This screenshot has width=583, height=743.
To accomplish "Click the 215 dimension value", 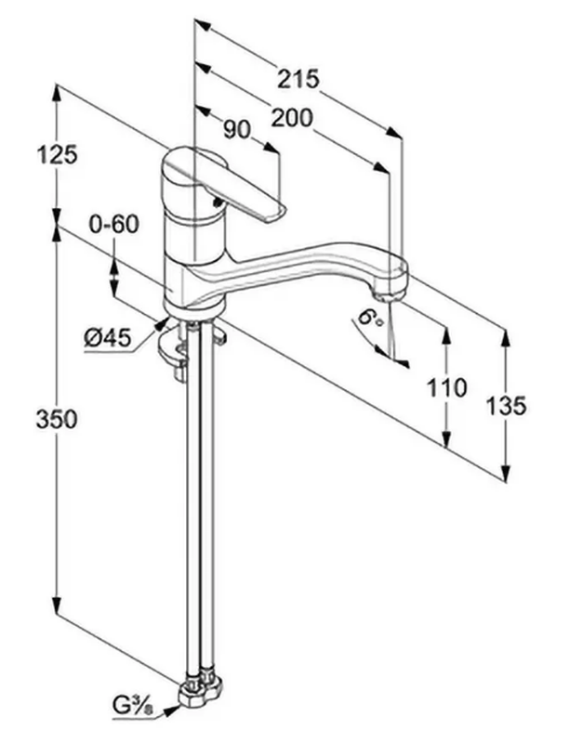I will pos(299,80).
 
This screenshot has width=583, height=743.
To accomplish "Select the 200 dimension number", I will pos(292,118).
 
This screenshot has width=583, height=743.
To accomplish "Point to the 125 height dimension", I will pos(58,155).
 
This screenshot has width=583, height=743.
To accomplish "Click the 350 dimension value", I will pos(58,420).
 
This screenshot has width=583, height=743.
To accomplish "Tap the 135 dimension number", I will pos(506,405).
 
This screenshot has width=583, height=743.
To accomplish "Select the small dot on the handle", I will pos(216,202).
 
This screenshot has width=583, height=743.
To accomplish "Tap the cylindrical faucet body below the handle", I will pos(193,246).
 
